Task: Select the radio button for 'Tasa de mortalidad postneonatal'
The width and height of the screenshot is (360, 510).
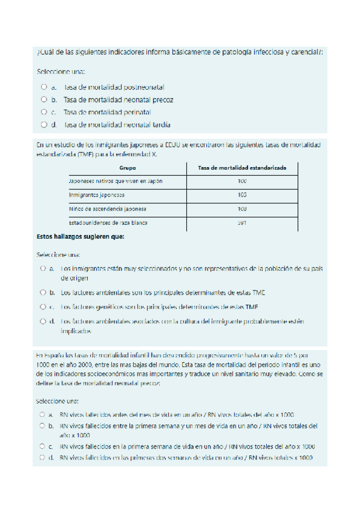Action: (x=44, y=87)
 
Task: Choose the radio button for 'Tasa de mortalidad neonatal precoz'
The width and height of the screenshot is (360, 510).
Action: (x=44, y=99)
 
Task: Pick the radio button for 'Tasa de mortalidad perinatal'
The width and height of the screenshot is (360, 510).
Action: (x=44, y=112)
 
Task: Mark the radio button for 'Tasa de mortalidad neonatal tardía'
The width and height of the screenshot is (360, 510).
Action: (x=44, y=124)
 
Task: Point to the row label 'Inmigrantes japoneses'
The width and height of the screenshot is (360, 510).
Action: (x=97, y=195)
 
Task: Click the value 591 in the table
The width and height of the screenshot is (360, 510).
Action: (x=242, y=223)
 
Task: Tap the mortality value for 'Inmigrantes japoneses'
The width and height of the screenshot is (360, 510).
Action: (x=242, y=195)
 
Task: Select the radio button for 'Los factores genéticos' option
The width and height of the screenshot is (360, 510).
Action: (x=43, y=307)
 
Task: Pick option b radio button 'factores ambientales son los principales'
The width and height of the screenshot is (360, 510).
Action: (x=43, y=292)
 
